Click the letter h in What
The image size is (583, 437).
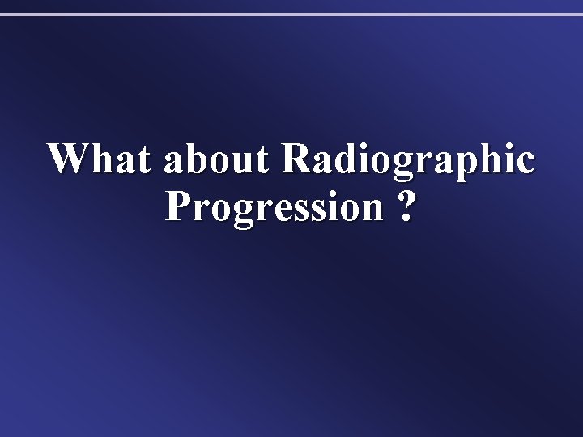point(99,159)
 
